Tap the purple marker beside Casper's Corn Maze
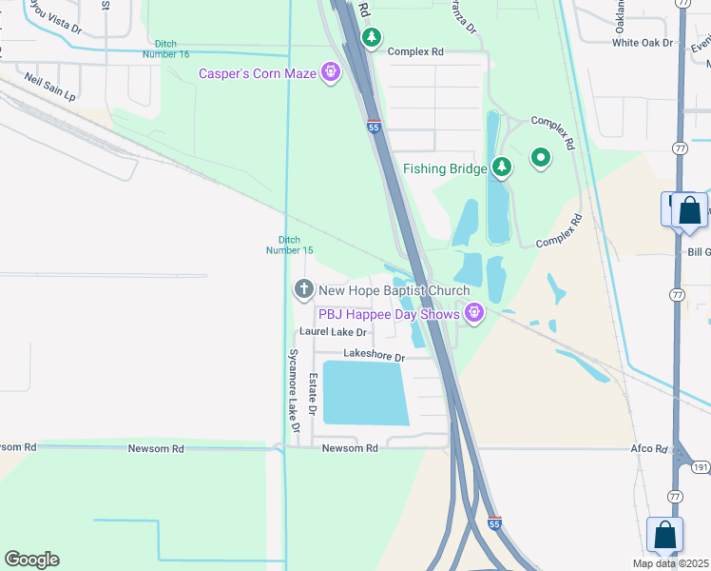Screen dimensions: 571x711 (331, 71)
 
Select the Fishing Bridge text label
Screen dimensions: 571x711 (445, 168)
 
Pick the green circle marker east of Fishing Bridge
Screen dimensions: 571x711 (541, 158)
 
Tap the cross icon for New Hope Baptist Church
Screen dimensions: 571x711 (304, 288)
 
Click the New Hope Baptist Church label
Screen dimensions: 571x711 (394, 291)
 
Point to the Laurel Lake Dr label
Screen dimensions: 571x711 (333, 332)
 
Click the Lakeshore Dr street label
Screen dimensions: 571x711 (374, 356)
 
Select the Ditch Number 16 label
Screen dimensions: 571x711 (171, 49)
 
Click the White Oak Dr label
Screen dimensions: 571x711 (643, 43)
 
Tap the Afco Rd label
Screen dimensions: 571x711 (650, 448)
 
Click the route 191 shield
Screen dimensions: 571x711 (700, 467)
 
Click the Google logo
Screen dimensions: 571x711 (31, 560)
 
